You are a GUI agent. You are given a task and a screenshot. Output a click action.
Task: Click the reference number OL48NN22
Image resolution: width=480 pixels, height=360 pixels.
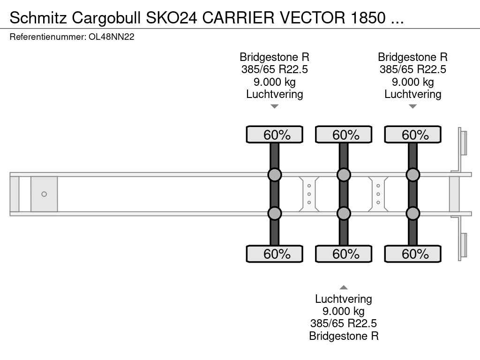tap(112, 37)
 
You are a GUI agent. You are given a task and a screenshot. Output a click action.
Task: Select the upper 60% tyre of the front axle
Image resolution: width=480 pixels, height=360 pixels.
tap(275, 135)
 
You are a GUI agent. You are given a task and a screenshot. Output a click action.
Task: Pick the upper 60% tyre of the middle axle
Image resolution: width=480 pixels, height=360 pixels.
tap(344, 135)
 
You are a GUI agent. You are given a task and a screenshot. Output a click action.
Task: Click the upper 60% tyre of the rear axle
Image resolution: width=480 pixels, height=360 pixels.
tap(413, 135)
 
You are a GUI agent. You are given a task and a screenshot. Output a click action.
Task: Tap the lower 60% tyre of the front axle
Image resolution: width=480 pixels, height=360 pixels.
tap(275, 254)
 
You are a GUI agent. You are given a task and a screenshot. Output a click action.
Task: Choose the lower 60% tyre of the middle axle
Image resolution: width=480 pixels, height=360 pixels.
tap(344, 254)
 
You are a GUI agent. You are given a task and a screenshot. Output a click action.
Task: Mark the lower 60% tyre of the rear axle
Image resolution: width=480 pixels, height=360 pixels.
tap(413, 254)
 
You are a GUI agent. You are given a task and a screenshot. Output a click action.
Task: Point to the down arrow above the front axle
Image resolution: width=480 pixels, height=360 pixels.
tap(275, 106)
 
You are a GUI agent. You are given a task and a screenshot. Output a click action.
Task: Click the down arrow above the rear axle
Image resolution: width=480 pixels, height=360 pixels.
tap(413, 106)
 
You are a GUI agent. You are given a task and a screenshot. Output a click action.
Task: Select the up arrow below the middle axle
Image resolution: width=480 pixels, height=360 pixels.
tap(344, 287)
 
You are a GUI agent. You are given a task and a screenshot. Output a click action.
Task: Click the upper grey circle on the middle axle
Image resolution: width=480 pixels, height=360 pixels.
tap(344, 175)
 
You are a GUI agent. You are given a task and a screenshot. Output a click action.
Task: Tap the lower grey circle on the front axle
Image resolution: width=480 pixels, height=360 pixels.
tap(275, 213)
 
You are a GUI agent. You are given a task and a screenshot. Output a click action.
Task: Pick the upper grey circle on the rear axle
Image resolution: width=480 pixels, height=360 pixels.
tap(413, 175)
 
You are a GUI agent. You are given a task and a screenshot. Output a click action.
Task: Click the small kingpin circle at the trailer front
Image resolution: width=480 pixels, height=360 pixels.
tap(44, 194)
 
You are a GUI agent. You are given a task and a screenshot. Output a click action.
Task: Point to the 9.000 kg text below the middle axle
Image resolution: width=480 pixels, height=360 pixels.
tap(344, 311)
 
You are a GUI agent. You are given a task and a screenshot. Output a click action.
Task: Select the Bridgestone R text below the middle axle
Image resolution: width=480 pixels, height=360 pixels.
tap(344, 336)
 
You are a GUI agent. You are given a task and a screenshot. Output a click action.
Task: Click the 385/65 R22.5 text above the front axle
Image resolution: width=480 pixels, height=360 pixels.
tap(275, 69)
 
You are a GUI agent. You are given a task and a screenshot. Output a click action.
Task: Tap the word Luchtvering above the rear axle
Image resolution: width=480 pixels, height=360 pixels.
tap(413, 94)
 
